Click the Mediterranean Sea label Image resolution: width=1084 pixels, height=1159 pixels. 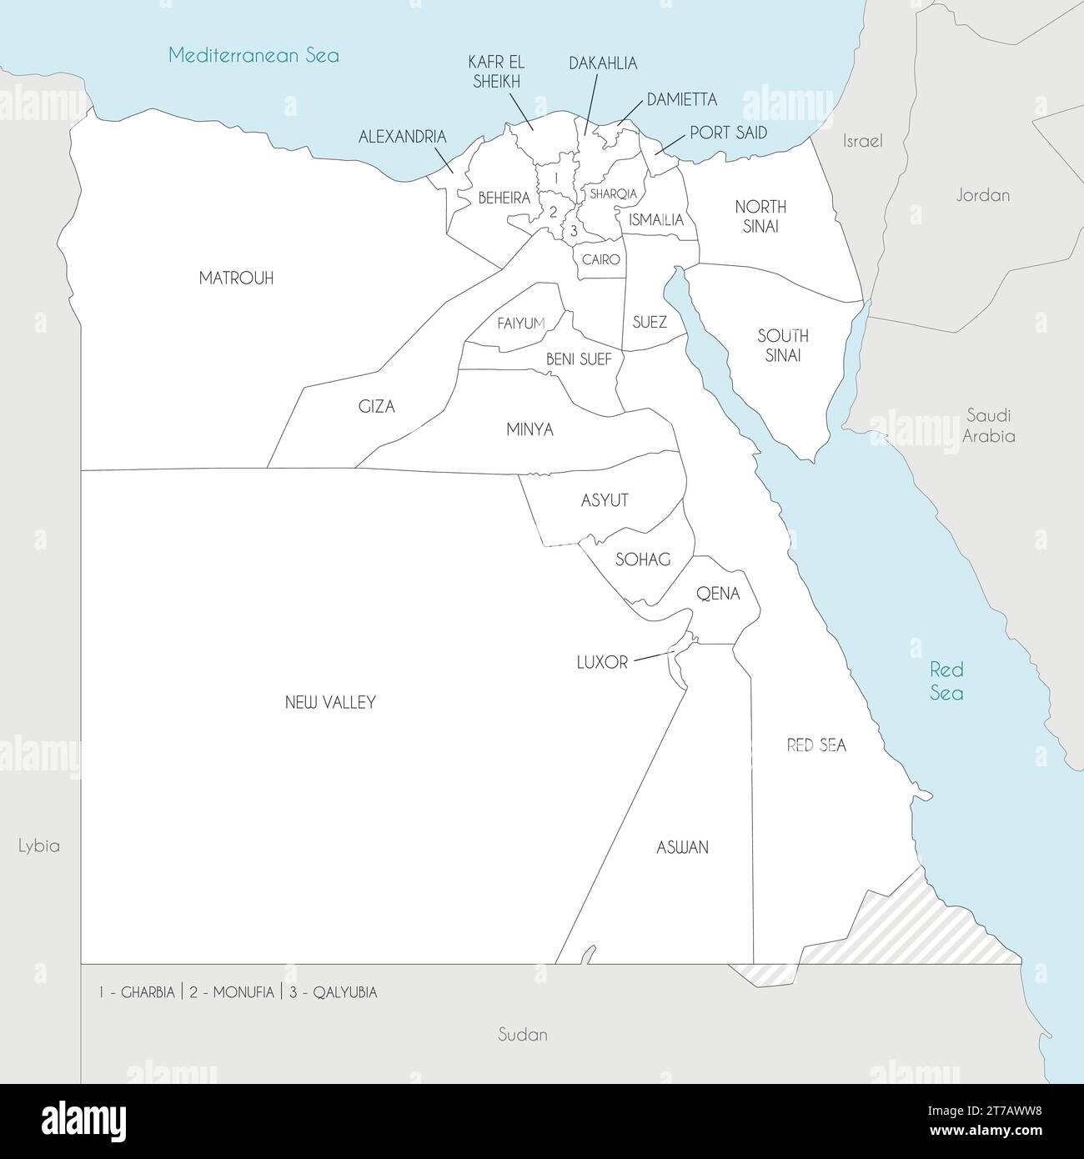click(x=253, y=56)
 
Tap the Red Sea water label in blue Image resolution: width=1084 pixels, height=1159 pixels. click(x=946, y=681)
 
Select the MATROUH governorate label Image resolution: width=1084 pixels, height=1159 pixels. click(x=236, y=278)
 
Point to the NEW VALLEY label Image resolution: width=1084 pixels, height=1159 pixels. click(x=330, y=702)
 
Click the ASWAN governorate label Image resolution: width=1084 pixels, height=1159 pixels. click(x=682, y=847)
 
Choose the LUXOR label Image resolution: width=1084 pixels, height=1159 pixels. click(x=602, y=663)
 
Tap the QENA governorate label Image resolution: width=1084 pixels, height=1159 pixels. click(x=718, y=594)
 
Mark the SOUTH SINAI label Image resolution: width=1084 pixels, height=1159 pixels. click(x=782, y=345)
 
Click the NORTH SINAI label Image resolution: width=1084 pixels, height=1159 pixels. click(x=760, y=216)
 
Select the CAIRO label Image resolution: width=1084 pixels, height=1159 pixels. click(x=600, y=259)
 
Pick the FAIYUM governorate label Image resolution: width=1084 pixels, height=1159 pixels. click(x=520, y=324)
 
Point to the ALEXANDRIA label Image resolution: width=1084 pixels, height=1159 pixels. click(x=402, y=137)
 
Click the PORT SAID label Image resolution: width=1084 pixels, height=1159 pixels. click(x=728, y=133)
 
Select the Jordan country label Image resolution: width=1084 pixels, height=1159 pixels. click(x=982, y=195)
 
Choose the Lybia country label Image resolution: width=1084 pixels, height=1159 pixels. click(x=39, y=845)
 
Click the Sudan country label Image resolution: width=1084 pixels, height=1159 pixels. click(x=522, y=1035)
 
